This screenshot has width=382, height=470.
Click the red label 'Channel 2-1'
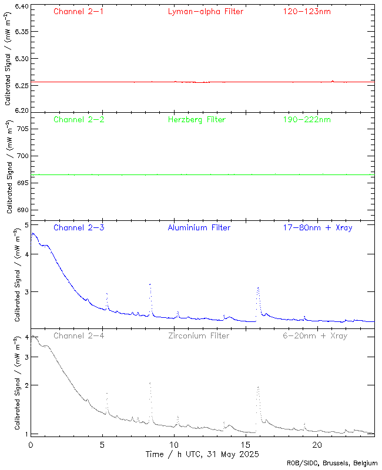79,12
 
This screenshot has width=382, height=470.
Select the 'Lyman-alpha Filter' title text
205,12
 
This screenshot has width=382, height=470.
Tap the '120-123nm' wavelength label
306,12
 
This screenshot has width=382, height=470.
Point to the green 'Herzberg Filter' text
197,120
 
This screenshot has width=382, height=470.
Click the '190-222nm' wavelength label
306,120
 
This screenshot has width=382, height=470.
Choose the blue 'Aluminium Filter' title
199,228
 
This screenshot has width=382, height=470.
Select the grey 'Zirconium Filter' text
199,336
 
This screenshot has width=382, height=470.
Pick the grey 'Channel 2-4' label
79,336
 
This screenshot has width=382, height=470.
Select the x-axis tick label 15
246,445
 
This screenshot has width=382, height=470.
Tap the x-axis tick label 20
317,445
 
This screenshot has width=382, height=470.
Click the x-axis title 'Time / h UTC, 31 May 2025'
202,454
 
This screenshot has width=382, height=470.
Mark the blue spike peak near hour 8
150,284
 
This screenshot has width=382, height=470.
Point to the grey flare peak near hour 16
257,387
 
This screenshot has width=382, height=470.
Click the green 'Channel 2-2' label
79,120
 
